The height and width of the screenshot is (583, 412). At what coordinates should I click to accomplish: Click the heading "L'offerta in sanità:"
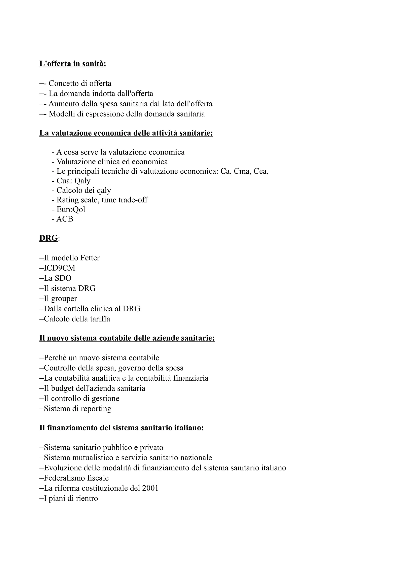point(73,64)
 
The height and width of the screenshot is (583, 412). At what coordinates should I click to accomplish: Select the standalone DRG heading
point(48,238)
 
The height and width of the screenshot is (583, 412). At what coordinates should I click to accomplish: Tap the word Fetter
point(90,258)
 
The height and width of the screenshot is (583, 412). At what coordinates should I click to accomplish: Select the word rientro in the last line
point(88,499)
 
